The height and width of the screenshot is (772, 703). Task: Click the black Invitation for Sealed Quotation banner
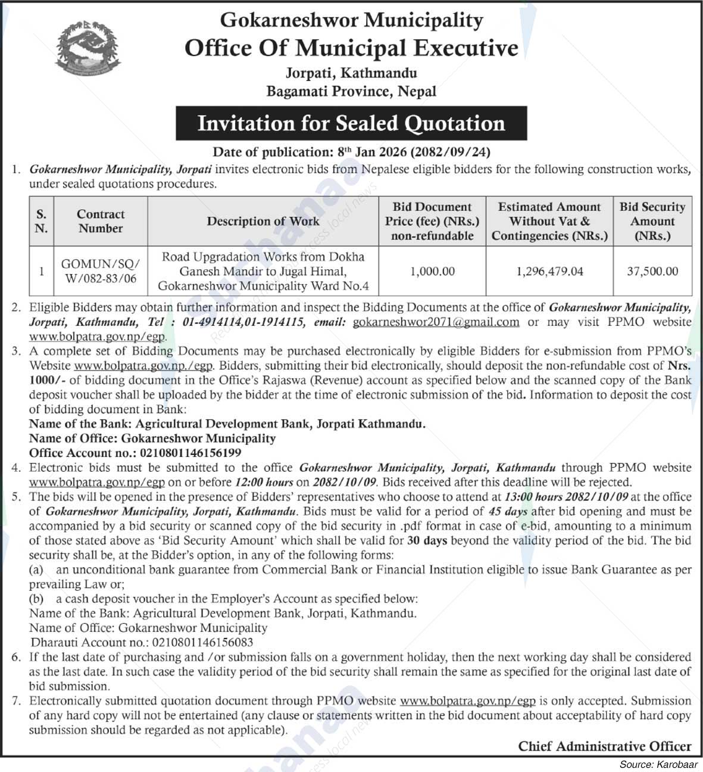pyautogui.click(x=351, y=123)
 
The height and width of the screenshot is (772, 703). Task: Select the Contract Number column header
pyautogui.click(x=101, y=221)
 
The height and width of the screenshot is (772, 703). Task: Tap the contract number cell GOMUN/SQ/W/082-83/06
pyautogui.click(x=101, y=271)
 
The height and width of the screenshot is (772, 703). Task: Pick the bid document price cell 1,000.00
pyautogui.click(x=433, y=271)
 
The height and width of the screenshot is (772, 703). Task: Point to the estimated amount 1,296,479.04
pyautogui.click(x=549, y=271)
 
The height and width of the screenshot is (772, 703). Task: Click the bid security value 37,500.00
pyautogui.click(x=652, y=271)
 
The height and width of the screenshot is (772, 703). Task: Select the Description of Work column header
pyautogui.click(x=263, y=221)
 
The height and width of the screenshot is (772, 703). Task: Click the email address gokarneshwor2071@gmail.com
pyautogui.click(x=436, y=322)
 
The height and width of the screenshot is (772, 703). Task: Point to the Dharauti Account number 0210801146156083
pyautogui.click(x=202, y=642)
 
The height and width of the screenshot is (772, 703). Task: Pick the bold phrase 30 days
pyautogui.click(x=427, y=540)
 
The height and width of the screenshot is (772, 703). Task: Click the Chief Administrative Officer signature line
pyautogui.click(x=604, y=746)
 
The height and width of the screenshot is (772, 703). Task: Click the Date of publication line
pyautogui.click(x=351, y=152)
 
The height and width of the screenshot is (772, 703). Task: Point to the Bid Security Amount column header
pyautogui.click(x=652, y=221)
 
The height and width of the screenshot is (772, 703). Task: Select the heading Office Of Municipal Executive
pyautogui.click(x=351, y=48)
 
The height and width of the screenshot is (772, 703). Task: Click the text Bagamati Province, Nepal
pyautogui.click(x=351, y=91)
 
